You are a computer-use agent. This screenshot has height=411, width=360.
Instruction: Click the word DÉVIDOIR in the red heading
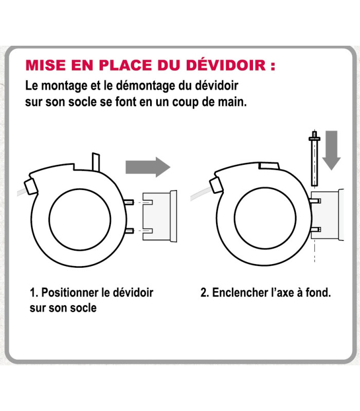click(226, 65)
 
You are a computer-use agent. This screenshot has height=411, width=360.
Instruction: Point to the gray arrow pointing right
click(148, 167)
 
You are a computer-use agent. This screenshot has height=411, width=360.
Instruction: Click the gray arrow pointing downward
click(331, 150)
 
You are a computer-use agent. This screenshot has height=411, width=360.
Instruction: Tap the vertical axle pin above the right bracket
click(314, 159)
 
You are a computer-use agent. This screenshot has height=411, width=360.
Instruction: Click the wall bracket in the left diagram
click(159, 216)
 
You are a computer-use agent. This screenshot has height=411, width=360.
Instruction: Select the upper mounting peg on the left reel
click(129, 202)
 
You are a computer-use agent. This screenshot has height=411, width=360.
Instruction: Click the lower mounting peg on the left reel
click(129, 231)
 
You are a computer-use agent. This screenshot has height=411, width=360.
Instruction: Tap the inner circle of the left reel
click(80, 219)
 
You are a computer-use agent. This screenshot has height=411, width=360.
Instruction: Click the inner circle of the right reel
click(265, 218)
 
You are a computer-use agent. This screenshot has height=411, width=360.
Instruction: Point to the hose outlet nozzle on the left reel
click(31, 186)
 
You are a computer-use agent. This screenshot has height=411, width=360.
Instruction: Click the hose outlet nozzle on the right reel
click(216, 185)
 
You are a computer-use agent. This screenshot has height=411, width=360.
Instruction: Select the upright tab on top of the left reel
click(96, 162)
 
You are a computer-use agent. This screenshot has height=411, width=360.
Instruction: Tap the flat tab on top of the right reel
click(269, 166)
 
